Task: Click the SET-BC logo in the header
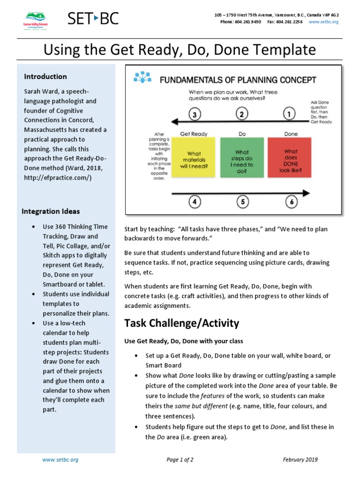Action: click(x=93, y=19)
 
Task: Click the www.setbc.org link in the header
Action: click(x=324, y=22)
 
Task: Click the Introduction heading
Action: click(x=45, y=76)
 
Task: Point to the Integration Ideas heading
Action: click(x=51, y=211)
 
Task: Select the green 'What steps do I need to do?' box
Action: click(x=242, y=157)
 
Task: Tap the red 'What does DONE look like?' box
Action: click(x=291, y=157)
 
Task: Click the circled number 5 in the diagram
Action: click(x=242, y=202)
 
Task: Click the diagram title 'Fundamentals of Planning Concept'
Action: click(x=238, y=80)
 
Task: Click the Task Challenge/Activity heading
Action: click(x=181, y=323)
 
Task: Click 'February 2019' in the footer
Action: click(x=300, y=460)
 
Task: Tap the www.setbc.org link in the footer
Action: click(x=60, y=460)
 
